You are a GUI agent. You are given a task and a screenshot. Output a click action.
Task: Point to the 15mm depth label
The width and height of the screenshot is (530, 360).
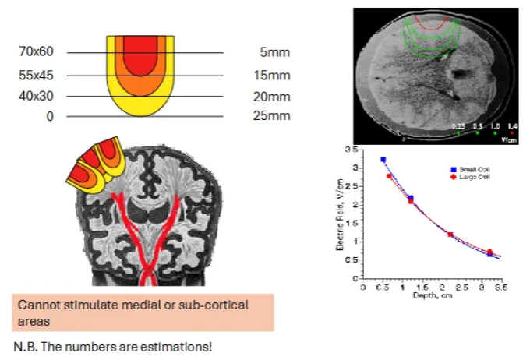[x=274, y=76]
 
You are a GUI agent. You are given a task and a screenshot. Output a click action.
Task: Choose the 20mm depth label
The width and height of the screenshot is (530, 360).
[x=274, y=97]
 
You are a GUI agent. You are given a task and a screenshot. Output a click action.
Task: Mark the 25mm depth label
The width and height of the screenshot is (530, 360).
[x=274, y=117]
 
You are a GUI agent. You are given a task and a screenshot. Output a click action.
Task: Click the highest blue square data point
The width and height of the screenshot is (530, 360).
[x=383, y=160]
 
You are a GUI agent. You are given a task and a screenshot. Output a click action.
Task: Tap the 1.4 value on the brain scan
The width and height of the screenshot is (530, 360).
[x=511, y=125]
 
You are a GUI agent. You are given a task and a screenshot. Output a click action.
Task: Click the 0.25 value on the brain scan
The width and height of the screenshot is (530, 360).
[x=459, y=125]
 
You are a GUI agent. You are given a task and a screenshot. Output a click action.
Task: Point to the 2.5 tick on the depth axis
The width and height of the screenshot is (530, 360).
[x=470, y=287]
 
